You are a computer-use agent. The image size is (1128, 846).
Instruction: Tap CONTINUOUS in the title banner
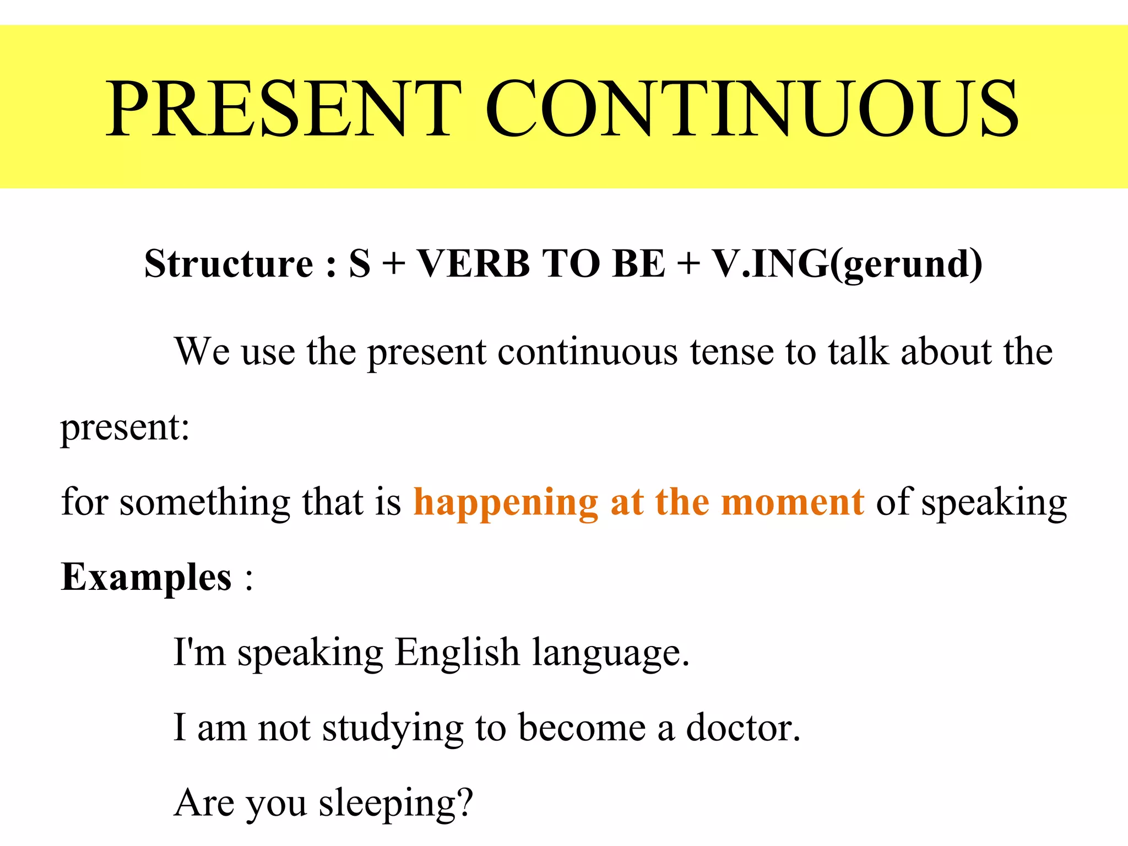(x=751, y=108)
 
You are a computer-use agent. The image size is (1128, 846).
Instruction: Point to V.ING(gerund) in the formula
(x=847, y=264)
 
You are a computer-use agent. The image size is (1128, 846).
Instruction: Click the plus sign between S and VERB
(x=393, y=264)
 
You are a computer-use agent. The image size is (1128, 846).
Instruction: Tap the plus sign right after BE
(x=688, y=264)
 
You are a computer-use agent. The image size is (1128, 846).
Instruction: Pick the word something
(x=205, y=503)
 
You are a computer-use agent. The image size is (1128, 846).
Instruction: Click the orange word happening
(x=505, y=503)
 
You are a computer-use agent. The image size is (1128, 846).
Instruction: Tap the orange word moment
(x=792, y=502)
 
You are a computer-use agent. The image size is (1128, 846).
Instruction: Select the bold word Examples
(x=146, y=578)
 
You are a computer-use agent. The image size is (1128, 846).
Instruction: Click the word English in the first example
(x=457, y=653)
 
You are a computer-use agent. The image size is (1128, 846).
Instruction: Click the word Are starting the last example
(x=204, y=803)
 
